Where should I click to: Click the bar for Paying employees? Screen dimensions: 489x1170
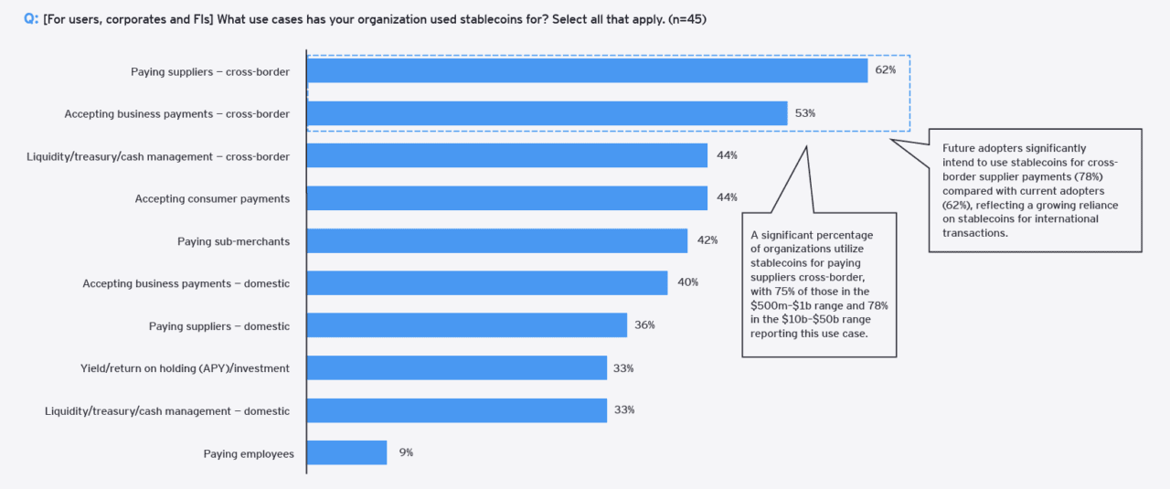pos(346,453)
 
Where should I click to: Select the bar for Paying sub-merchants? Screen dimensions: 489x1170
pos(496,240)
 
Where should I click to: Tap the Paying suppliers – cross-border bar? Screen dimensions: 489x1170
pos(587,70)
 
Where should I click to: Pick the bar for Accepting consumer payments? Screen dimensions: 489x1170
pos(506,198)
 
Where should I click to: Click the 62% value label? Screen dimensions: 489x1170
pos(885,70)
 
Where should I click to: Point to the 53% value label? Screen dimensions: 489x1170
pos(804,113)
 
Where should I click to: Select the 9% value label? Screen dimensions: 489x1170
pos(406,452)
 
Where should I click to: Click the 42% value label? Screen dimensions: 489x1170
pos(707,240)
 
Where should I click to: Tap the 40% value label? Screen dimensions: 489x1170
pos(687,282)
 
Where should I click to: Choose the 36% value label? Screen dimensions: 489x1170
pos(644,325)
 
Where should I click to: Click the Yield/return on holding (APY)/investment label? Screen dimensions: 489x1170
pos(185,368)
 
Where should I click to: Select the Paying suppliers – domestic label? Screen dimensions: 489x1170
pos(219,326)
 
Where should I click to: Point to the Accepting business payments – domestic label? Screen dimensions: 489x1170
pos(186,283)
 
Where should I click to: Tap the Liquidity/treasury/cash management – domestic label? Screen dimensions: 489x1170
pos(167,411)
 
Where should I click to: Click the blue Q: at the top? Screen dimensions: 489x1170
pos(31,18)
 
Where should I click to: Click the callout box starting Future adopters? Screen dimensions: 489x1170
pos(1036,189)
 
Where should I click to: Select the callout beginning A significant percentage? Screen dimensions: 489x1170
pos(818,284)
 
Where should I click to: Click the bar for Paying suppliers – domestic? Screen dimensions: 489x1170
pos(466,325)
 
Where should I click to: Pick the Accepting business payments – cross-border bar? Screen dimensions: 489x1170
pos(547,113)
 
